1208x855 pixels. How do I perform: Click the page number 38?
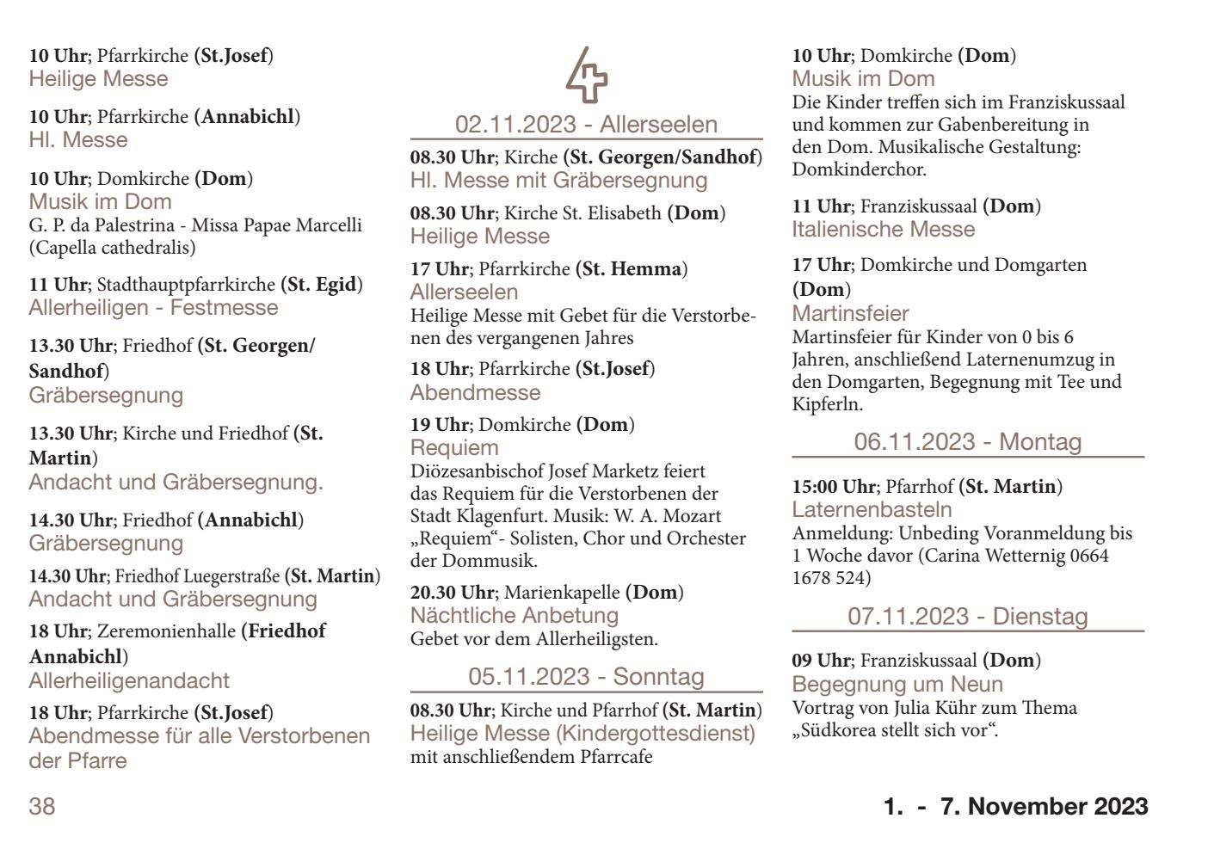pos(42,807)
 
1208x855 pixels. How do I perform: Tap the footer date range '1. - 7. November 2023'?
pos(1015,807)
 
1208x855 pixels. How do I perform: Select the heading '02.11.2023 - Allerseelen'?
pos(586,125)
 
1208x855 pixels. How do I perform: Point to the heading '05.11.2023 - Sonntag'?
pos(586,677)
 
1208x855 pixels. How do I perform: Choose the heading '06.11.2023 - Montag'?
pos(968,442)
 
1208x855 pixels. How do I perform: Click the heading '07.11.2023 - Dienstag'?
pos(968,617)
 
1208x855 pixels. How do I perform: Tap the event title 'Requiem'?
pos(454,448)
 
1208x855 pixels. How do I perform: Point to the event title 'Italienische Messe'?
pos(884,230)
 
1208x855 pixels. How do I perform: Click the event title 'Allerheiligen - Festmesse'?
pos(153,308)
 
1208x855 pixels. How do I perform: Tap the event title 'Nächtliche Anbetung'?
pos(515,616)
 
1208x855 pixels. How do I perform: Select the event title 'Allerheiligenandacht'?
pos(129,681)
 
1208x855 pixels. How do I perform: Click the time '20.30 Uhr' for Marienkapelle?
pos(453,593)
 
